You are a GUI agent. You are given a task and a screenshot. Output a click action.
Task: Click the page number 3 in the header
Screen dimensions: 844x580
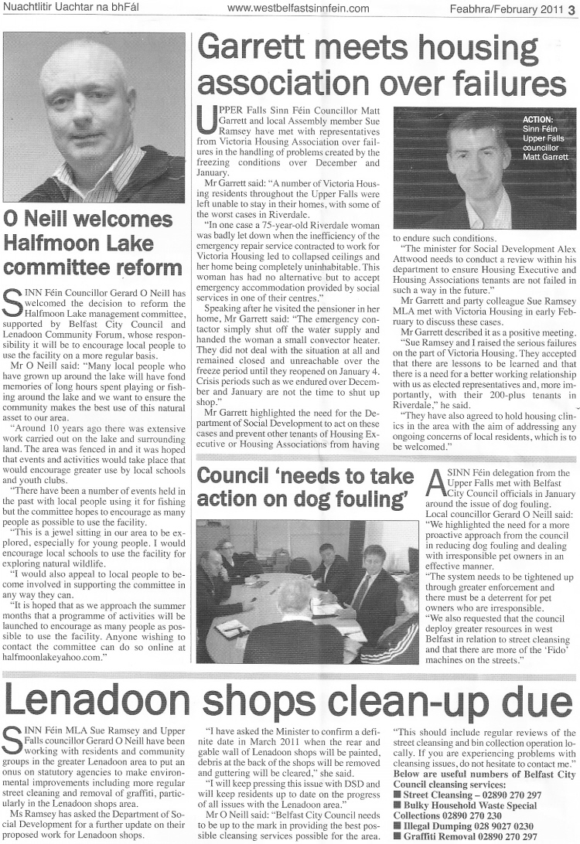[570, 9]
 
